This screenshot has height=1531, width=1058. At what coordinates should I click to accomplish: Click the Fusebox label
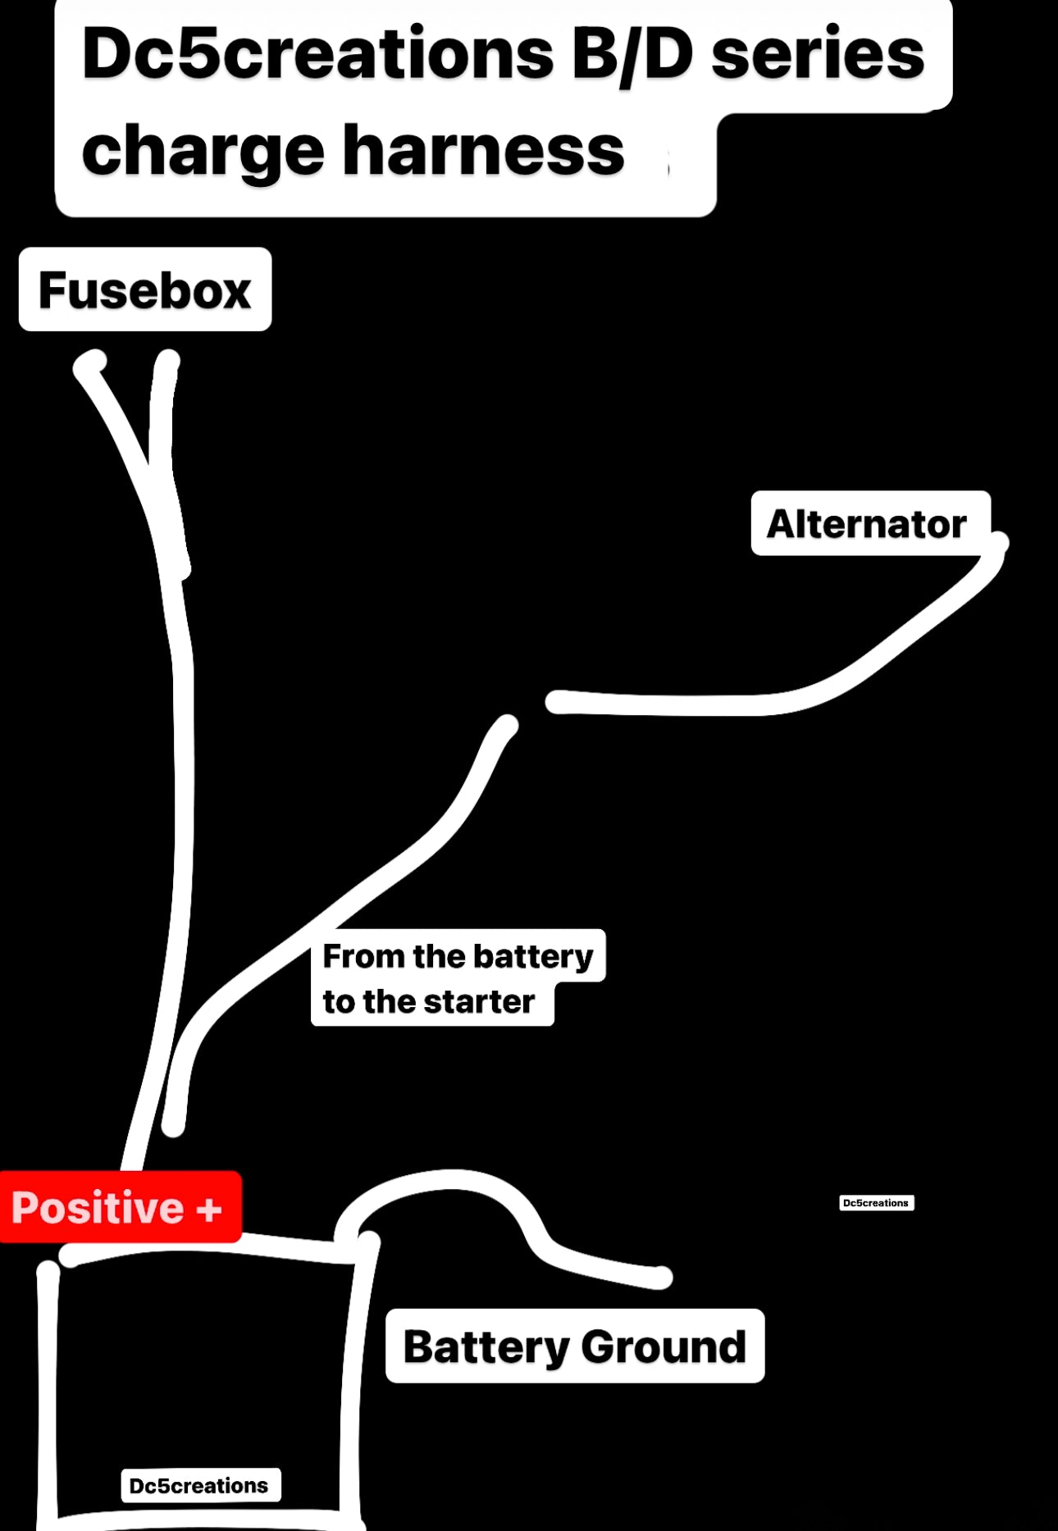(x=144, y=289)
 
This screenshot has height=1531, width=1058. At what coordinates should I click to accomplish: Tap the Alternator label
(x=866, y=523)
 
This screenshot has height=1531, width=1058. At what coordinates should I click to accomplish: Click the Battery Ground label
(x=574, y=1346)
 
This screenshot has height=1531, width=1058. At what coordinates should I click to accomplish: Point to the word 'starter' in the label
(x=478, y=1001)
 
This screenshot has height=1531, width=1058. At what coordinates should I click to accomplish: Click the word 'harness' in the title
(x=483, y=151)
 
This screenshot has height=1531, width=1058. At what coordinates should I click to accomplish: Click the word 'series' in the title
(x=817, y=54)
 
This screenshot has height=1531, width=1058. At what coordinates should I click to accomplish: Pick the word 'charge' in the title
(x=203, y=153)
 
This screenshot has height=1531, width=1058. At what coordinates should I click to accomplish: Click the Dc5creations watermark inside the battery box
(x=199, y=1485)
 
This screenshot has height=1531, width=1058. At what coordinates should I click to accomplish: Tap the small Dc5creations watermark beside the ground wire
(x=876, y=1203)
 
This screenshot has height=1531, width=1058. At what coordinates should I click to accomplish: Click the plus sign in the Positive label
(x=209, y=1209)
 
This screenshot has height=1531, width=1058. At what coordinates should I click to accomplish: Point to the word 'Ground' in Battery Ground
(x=664, y=1346)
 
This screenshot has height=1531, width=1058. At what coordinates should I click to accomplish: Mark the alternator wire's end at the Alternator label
(x=997, y=543)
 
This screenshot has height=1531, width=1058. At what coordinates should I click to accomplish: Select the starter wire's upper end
(x=506, y=725)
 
